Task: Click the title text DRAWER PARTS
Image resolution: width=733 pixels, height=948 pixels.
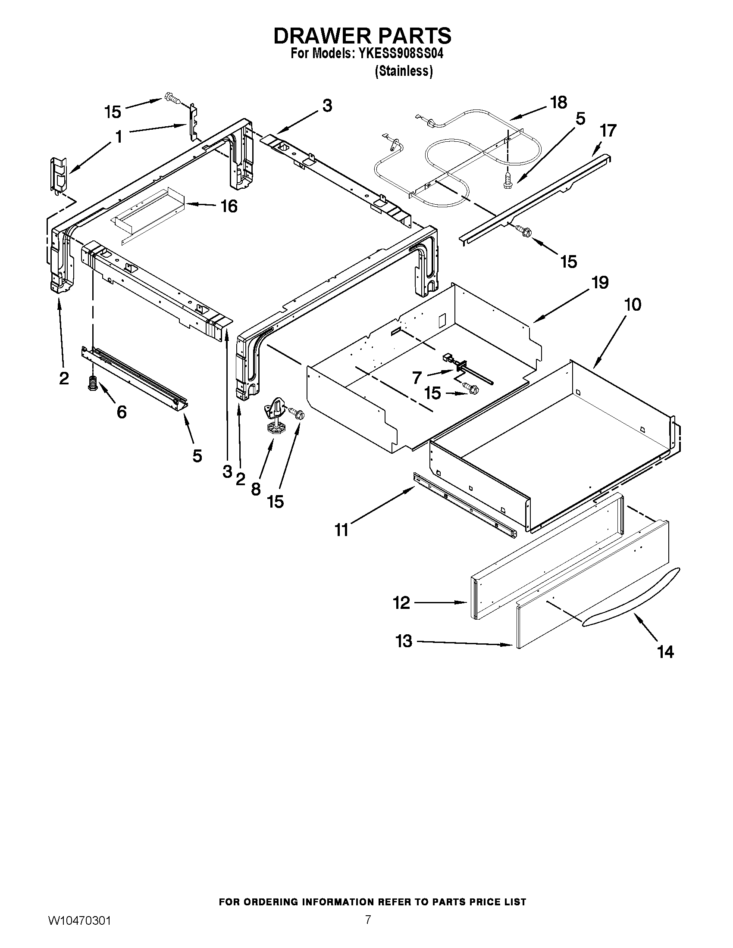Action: (362, 36)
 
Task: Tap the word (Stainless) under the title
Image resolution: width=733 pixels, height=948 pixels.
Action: (404, 71)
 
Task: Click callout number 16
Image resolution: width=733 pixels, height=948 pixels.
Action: (229, 206)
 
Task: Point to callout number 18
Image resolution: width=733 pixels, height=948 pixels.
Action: (558, 103)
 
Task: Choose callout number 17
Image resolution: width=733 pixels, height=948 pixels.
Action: (608, 131)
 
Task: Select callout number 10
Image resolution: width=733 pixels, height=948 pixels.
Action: (632, 305)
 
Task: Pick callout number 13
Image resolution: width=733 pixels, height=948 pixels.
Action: (404, 641)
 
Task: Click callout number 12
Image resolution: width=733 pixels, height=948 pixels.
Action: (401, 602)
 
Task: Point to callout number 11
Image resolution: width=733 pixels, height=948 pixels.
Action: (342, 530)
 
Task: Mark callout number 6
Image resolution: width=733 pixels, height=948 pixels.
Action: (122, 412)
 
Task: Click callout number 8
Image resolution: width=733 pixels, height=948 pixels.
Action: (256, 489)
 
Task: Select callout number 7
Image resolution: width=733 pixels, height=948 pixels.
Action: (417, 377)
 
